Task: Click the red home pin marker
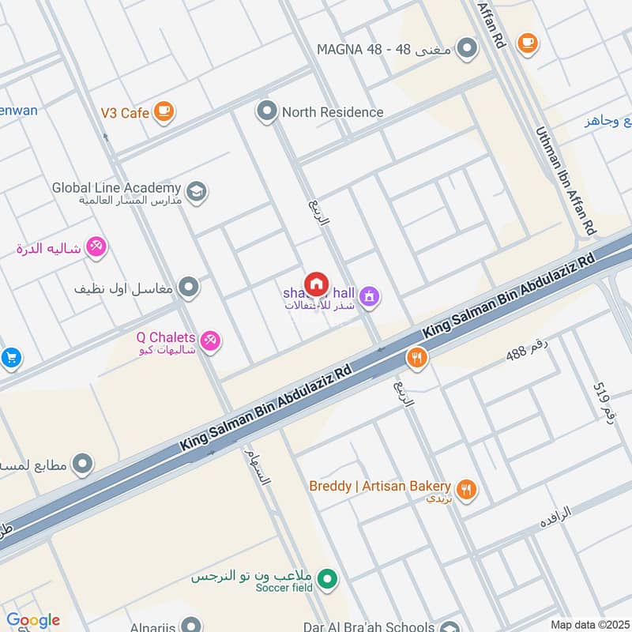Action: coord(317,284)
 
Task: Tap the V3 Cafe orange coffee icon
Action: coord(164,112)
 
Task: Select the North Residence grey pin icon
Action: coord(267,111)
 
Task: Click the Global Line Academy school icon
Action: coord(196,190)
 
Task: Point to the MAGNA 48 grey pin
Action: coord(468,49)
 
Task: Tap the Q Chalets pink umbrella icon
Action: coord(210,341)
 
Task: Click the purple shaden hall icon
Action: coord(368,297)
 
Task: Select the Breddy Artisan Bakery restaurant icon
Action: coord(467,490)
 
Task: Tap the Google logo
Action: coord(33,620)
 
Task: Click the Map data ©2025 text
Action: coord(589,624)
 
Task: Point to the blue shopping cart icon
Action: coord(9,358)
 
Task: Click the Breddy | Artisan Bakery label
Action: coord(380,486)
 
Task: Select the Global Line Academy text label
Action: coord(116,188)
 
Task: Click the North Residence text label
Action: coord(332,112)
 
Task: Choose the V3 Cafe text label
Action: coord(124,113)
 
